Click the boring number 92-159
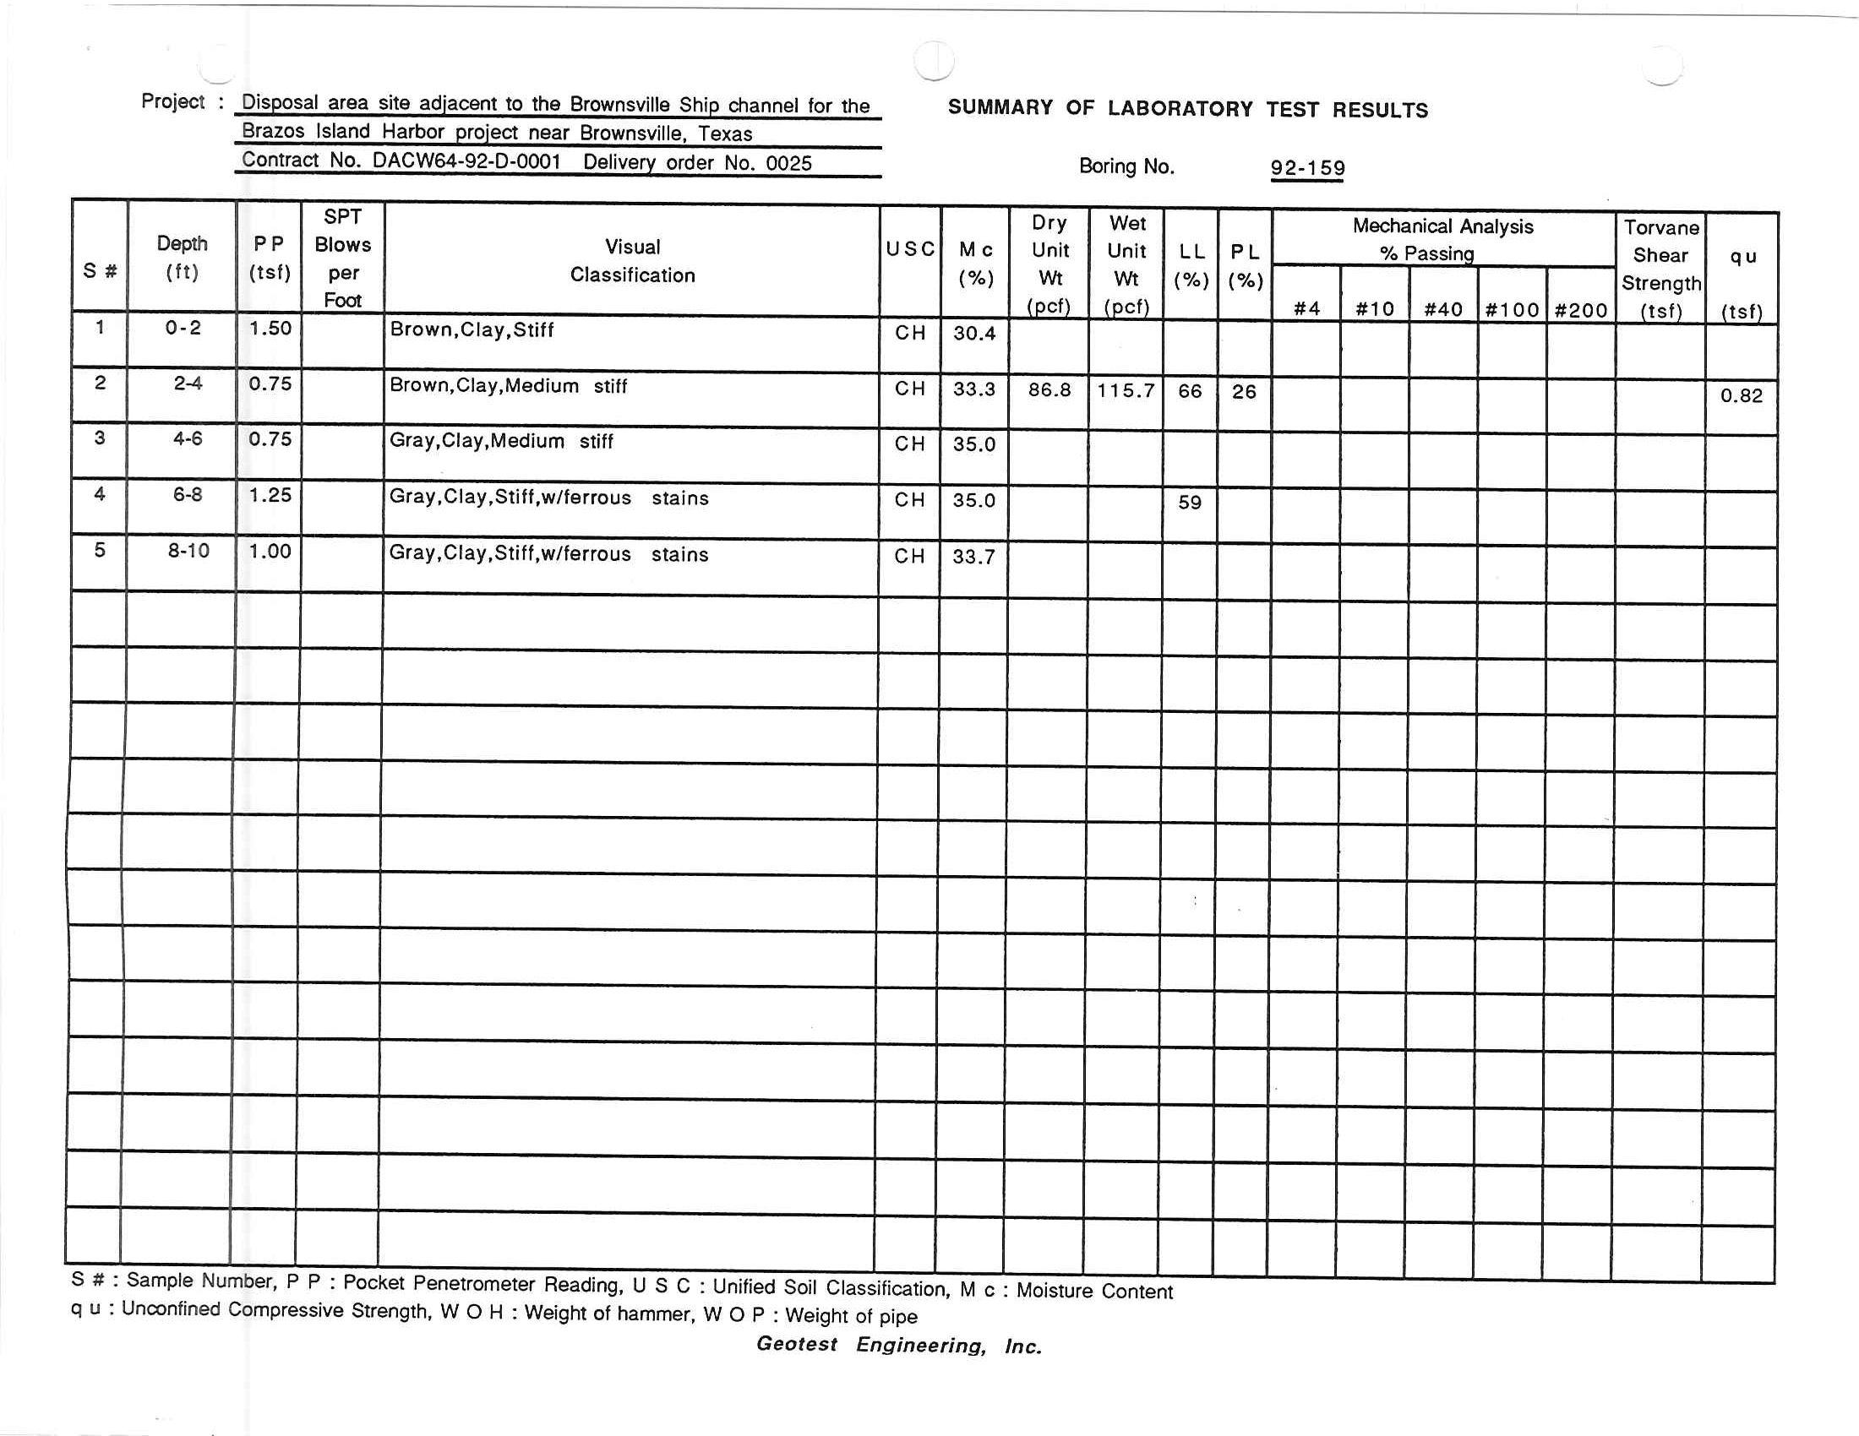point(1307,167)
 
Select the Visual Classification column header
point(632,260)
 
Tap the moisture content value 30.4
point(973,333)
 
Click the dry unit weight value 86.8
point(1049,389)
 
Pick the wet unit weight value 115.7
point(1126,390)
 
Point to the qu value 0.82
point(1741,394)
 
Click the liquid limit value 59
point(1189,502)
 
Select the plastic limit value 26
point(1244,391)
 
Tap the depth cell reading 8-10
point(188,551)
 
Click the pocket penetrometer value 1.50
point(270,329)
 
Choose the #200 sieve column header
point(1581,310)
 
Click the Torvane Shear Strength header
point(1660,268)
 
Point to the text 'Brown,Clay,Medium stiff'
point(508,385)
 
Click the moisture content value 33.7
point(973,557)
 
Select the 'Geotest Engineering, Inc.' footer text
point(899,1345)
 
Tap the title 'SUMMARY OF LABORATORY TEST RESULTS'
point(1187,109)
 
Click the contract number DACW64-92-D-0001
point(466,160)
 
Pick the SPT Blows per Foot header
point(343,258)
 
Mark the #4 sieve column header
point(1306,309)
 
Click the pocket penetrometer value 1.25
point(270,495)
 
